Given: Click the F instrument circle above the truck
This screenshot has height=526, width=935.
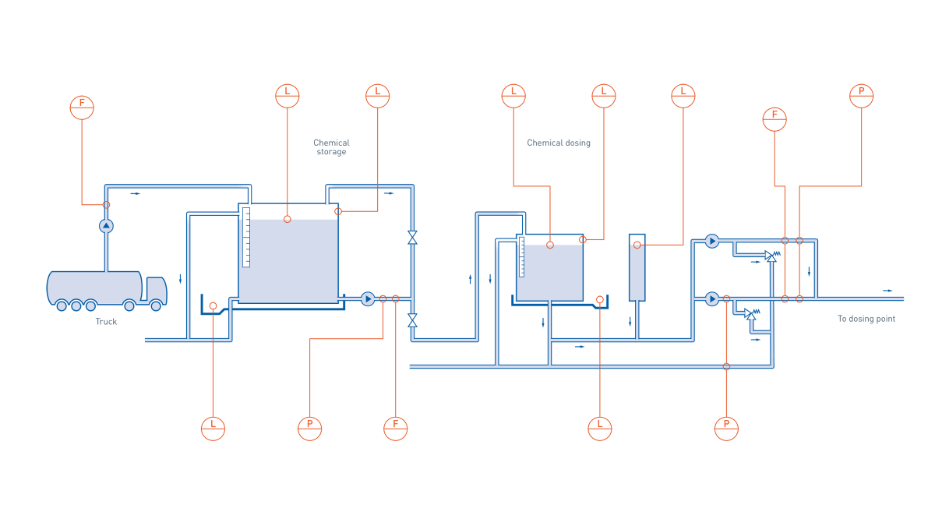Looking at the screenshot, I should click(82, 107).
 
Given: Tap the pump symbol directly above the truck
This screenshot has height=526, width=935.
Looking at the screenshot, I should click(106, 226).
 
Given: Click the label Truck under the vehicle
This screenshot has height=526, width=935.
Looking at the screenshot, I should click(106, 322).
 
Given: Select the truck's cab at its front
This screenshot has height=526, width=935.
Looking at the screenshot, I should click(156, 290).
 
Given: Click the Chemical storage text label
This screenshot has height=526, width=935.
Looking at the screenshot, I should click(331, 147).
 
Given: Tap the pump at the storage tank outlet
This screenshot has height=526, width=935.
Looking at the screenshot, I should click(368, 298).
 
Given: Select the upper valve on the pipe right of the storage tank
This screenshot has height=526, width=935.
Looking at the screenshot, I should click(412, 238).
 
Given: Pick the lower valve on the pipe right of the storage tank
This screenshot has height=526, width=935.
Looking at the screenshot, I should click(412, 319).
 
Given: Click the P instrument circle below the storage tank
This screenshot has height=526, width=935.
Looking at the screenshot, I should click(309, 428).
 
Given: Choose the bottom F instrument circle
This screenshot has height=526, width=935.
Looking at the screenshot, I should click(395, 428).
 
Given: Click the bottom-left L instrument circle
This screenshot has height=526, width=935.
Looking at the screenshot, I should click(213, 428).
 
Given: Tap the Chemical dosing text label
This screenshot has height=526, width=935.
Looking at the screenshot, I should click(559, 143).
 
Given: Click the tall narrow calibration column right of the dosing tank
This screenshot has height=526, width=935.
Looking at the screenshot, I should click(637, 269).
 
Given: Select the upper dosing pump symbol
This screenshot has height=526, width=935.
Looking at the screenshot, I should click(711, 242).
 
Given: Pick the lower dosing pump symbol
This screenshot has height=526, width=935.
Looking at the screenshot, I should click(711, 298).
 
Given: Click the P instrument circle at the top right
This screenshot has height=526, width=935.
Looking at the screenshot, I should click(861, 96).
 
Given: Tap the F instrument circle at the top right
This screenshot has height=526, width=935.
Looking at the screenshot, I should click(774, 119).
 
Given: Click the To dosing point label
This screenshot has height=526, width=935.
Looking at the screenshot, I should click(866, 319).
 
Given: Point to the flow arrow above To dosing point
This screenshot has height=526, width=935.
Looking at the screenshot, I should click(888, 291).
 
